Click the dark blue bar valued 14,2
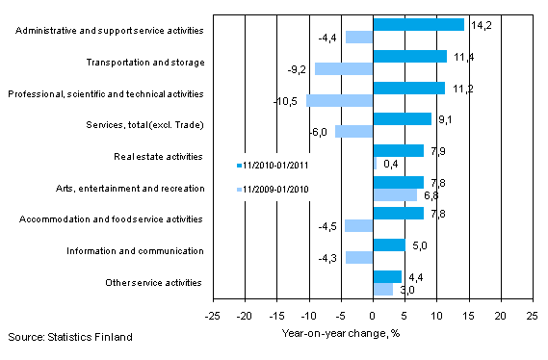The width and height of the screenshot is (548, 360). (x=418, y=25)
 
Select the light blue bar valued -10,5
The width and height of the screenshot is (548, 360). (x=339, y=100)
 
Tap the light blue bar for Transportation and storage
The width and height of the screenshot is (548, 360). (x=343, y=68)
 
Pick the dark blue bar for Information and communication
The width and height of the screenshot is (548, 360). (x=388, y=244)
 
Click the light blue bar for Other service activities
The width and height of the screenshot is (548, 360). (x=382, y=289)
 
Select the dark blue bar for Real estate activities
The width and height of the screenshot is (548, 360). (x=398, y=150)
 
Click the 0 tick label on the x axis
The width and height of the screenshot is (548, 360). (x=373, y=315)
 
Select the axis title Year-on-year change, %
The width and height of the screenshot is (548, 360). (x=372, y=334)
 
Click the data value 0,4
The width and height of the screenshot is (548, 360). (x=389, y=163)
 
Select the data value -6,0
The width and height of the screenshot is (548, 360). (x=320, y=132)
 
